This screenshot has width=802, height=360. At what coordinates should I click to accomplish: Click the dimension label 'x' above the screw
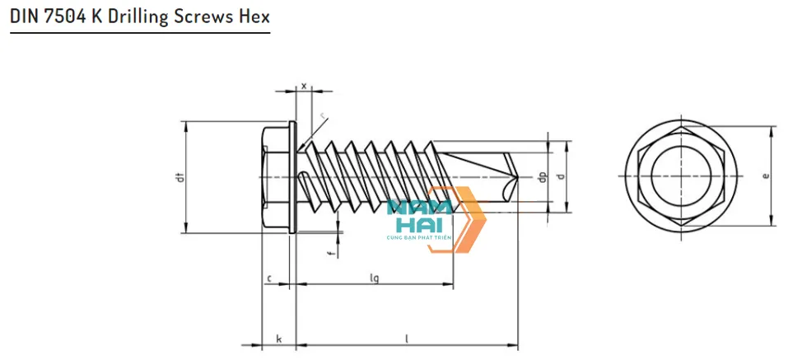[304, 85]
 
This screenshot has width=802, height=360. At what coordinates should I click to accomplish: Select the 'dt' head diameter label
[180, 177]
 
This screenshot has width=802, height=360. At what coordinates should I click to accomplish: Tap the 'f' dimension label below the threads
[331, 254]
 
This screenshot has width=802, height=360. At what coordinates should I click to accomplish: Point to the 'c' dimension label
[269, 278]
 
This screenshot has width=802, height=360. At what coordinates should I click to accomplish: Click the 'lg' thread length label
[374, 278]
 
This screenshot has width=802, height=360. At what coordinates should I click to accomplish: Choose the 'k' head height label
[278, 339]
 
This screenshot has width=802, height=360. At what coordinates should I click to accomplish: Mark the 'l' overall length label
[407, 339]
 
